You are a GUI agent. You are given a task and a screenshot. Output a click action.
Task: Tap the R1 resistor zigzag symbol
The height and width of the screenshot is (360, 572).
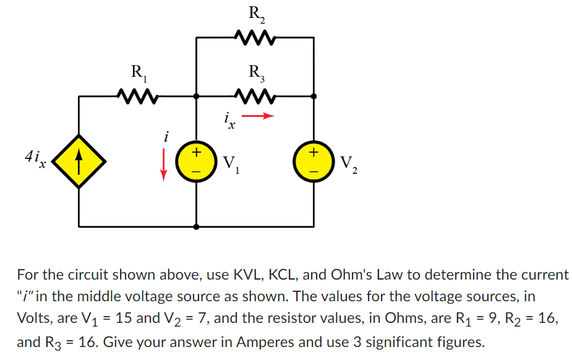139,96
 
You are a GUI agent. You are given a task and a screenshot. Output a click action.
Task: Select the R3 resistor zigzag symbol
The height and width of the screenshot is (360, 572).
255,96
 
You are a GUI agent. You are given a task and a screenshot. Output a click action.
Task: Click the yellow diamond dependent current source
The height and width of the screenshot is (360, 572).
79,161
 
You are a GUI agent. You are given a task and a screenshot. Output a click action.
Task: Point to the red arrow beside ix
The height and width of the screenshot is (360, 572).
257,116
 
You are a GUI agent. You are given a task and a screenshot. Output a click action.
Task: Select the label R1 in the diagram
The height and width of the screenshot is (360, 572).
139,71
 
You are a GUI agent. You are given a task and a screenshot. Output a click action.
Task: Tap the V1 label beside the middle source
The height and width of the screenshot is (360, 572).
231,164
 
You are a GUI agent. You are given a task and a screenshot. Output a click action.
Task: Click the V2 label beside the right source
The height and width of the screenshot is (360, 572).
348,164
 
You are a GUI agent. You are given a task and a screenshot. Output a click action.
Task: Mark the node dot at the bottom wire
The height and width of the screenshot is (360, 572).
196,227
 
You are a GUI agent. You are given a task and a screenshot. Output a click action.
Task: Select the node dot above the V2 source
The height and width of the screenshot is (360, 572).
314,96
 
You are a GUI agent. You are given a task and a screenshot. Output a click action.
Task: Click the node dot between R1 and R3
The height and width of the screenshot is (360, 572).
196,96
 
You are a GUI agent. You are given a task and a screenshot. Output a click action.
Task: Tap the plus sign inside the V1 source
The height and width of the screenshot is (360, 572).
196,152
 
